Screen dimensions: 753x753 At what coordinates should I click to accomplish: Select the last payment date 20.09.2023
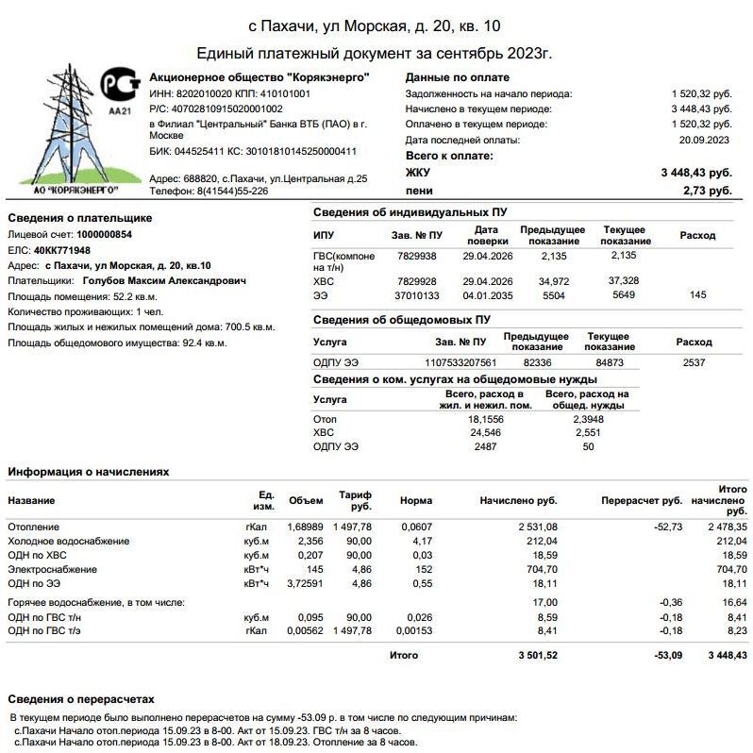click(x=706, y=140)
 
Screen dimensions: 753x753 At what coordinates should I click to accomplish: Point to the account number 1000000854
click(x=105, y=234)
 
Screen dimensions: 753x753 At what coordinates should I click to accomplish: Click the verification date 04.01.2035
click(x=487, y=295)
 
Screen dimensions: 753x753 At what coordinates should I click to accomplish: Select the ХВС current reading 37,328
click(x=624, y=281)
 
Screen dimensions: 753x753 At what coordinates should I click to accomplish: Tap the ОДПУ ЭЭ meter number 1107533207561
click(x=460, y=362)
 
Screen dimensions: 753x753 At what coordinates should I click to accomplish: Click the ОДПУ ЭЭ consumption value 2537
click(x=694, y=362)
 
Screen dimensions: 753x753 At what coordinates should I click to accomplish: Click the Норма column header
click(x=416, y=500)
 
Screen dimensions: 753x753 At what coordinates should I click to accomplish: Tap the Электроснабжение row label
click(x=52, y=570)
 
